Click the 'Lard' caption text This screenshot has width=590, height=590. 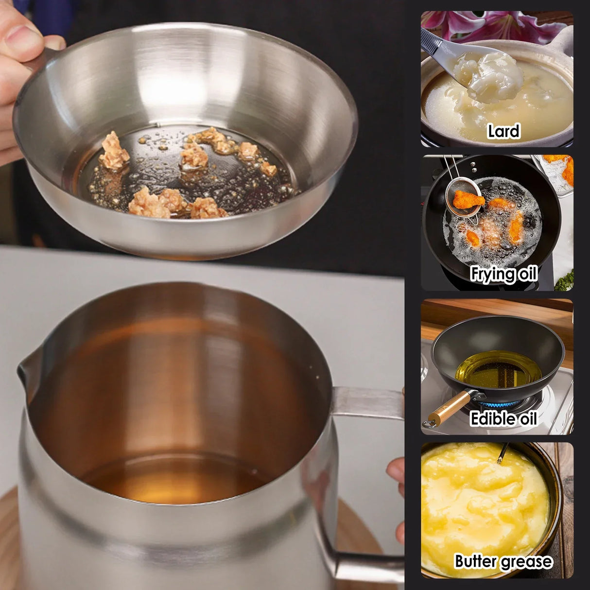tap(503, 131)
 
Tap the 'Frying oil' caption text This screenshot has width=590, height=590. tap(503, 274)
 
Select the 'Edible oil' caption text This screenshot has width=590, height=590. tap(503, 418)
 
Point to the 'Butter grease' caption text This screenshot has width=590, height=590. tap(503, 561)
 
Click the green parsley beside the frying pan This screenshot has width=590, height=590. tap(565, 280)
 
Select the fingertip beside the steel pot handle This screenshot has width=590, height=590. tap(396, 471)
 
